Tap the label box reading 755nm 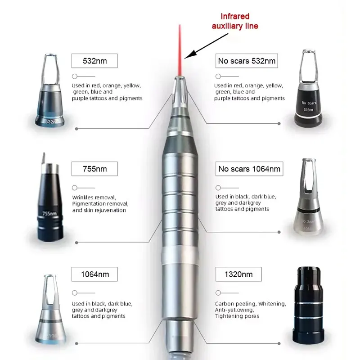pos(94,169)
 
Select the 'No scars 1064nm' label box pos(249,169)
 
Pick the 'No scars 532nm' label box pos(246,61)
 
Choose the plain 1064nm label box pos(94,274)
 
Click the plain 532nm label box pos(94,61)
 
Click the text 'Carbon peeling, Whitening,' pos(250,304)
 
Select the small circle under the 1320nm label pos(218,292)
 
